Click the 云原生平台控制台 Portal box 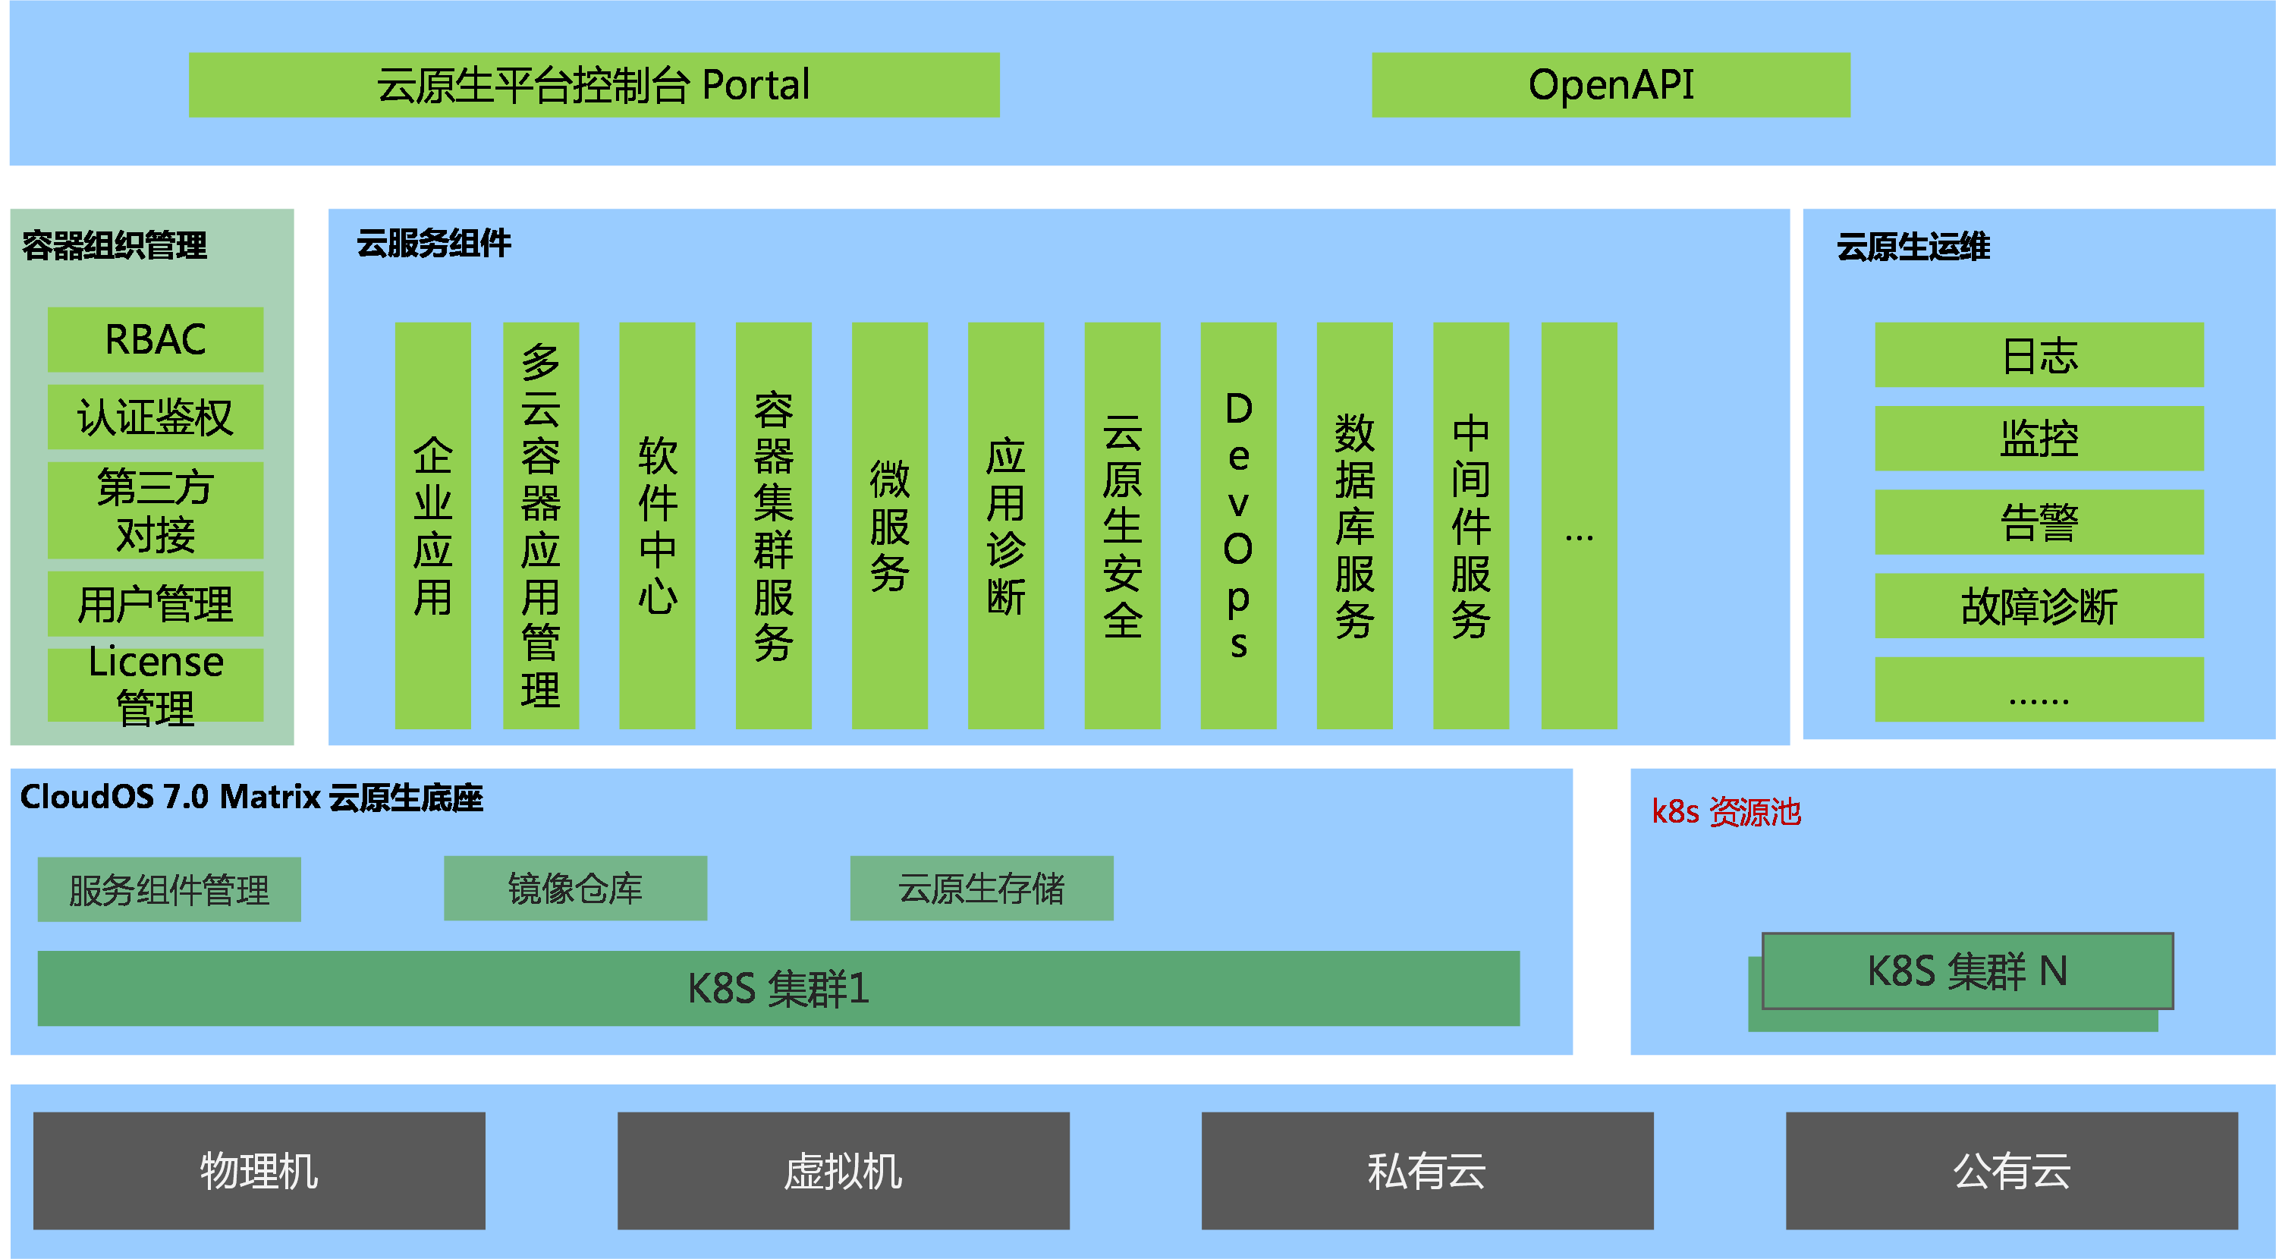(594, 85)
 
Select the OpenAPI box (1611, 85)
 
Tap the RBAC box (156, 339)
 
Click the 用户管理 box (156, 604)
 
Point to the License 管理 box (156, 685)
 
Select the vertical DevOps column (1238, 526)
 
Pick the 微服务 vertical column (890, 526)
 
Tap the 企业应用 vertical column (433, 526)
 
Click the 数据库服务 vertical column (1354, 526)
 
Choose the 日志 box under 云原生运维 (2039, 355)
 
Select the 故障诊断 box (2039, 606)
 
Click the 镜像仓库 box (575, 889)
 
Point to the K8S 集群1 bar (778, 989)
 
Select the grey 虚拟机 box (843, 1171)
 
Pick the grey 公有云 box (2012, 1171)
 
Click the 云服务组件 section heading (434, 244)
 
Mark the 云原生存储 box (982, 889)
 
